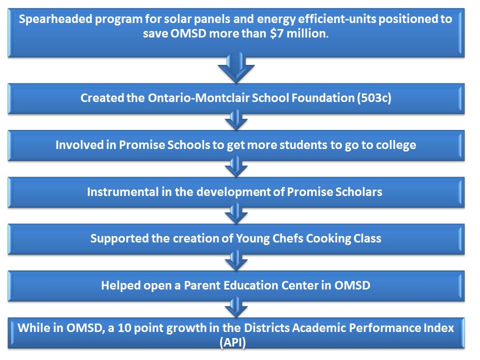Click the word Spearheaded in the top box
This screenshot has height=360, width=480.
pos(55,19)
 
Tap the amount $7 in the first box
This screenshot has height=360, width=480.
pos(276,33)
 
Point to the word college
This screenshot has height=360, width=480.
pos(396,145)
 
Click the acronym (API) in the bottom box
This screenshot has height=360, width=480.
pos(232,342)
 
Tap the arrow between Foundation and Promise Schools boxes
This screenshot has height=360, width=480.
pos(236,120)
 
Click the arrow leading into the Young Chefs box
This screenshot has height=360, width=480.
pos(236,213)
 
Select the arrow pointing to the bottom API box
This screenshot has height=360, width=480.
pos(236,307)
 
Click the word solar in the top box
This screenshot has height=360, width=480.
pos(177,19)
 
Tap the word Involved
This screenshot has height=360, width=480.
pos(79,145)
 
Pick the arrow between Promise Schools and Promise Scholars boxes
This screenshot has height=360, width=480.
pos(236,167)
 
